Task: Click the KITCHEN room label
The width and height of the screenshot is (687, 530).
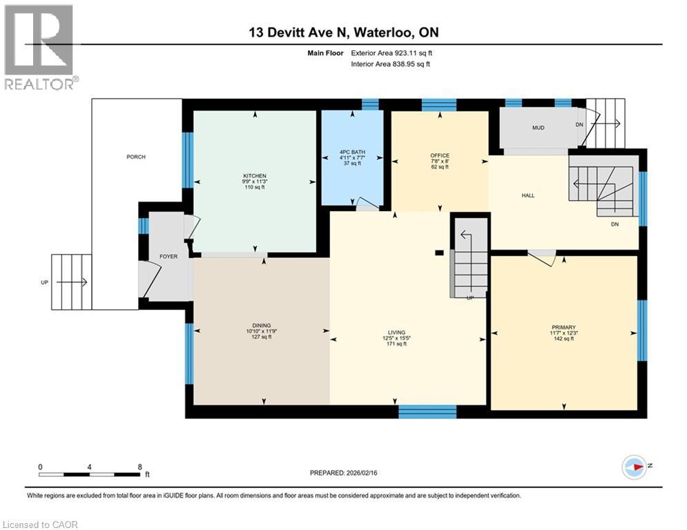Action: [x=255, y=176]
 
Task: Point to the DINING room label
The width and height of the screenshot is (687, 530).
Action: [x=261, y=326]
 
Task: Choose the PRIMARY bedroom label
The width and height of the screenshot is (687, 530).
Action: [x=563, y=327]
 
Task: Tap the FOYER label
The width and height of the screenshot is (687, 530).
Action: [x=168, y=256]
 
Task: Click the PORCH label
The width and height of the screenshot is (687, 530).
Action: [x=135, y=157]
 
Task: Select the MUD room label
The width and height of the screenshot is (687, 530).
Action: [x=539, y=128]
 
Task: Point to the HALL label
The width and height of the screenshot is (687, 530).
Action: [x=528, y=195]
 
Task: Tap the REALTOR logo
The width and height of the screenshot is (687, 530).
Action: [x=39, y=47]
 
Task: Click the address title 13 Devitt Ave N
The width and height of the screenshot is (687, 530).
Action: [x=343, y=32]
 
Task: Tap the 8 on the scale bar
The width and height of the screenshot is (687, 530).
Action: [x=140, y=467]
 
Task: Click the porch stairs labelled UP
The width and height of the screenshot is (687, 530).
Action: [x=72, y=282]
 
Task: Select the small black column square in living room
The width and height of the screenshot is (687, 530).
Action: [x=438, y=253]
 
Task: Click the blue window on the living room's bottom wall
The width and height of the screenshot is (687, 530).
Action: [x=427, y=411]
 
